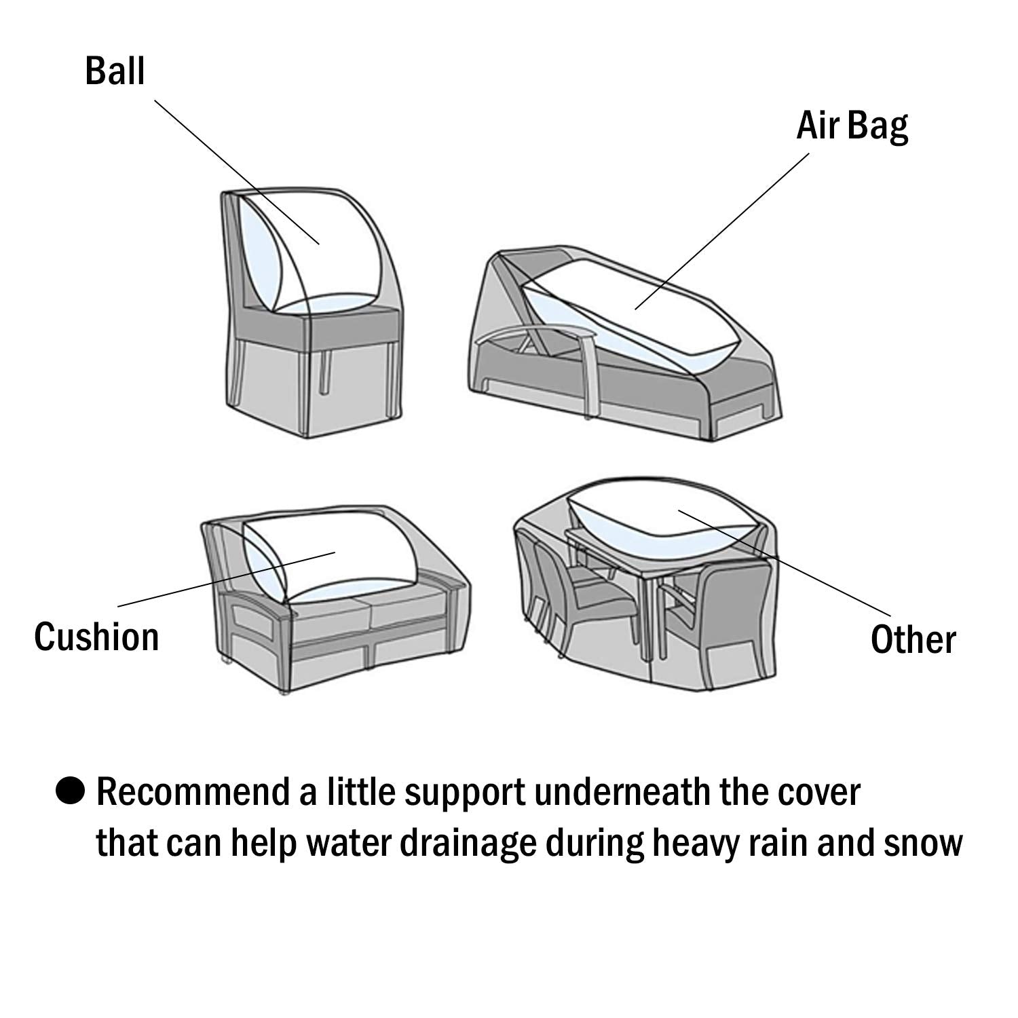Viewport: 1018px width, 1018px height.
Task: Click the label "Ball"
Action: coord(115,71)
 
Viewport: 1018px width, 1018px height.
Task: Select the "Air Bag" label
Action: coord(852,126)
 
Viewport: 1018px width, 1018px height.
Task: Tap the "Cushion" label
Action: coord(96,637)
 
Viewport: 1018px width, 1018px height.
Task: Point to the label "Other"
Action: coord(913,640)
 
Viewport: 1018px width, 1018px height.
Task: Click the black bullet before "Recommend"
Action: coord(70,791)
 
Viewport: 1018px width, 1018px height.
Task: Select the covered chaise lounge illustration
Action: coord(624,346)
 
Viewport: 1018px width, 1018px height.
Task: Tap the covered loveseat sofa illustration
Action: coord(336,597)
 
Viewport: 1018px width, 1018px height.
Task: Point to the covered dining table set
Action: coord(645,584)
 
